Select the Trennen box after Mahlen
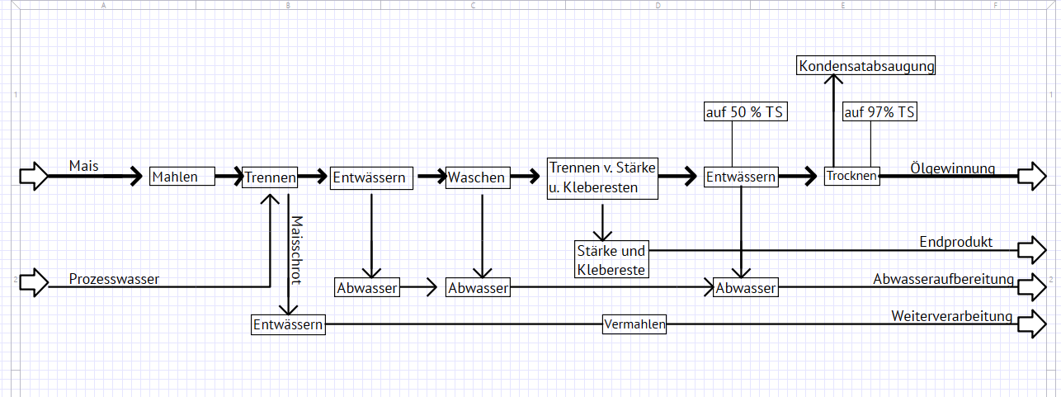point(270,177)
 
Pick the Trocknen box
point(852,176)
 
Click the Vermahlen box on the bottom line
point(634,324)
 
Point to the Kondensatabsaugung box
point(867,65)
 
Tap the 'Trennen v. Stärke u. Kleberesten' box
point(603,177)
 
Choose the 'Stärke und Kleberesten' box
point(611,259)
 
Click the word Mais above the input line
point(84,166)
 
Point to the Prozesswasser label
point(114,279)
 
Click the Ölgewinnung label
point(952,168)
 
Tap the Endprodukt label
point(955,242)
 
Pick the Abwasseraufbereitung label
point(943,279)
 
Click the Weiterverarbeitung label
point(951,316)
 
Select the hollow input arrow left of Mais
point(34,176)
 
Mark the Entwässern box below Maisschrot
point(288,324)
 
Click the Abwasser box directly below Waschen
point(479,288)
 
